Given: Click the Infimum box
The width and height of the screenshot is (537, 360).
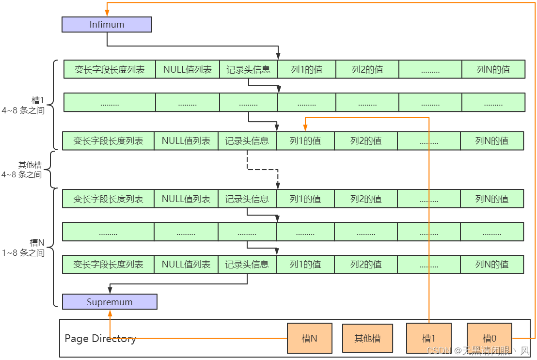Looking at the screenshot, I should click(x=107, y=25).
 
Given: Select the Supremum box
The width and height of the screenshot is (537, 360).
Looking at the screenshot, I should click(x=110, y=302).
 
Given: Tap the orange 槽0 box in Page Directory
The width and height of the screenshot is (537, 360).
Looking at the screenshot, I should click(x=489, y=338).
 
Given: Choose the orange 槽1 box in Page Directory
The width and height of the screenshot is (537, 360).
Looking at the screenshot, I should click(x=429, y=338).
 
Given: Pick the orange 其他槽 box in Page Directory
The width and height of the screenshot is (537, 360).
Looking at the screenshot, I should click(x=367, y=338).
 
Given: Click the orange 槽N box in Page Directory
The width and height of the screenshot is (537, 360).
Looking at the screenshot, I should click(x=310, y=338).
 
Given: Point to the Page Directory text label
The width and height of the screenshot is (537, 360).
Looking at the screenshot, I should click(x=100, y=338).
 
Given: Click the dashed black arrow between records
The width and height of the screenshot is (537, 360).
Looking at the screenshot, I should click(x=262, y=170).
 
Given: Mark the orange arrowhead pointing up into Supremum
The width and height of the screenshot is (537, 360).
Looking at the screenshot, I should click(x=110, y=313).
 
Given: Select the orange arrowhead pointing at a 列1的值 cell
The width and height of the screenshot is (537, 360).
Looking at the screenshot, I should click(x=305, y=128).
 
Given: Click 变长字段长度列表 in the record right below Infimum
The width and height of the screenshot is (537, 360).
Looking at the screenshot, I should click(x=110, y=69).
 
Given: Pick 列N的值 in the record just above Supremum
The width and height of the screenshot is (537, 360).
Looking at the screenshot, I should click(x=491, y=265).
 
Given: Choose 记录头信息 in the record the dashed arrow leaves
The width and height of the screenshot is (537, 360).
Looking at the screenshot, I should click(x=247, y=141).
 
